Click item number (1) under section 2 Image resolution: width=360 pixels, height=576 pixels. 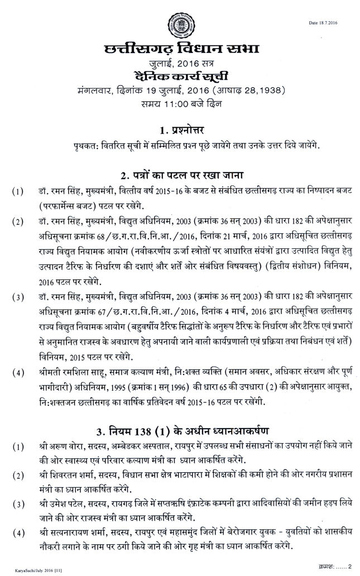(x=18, y=193)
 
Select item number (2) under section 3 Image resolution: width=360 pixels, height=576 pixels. (x=18, y=476)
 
